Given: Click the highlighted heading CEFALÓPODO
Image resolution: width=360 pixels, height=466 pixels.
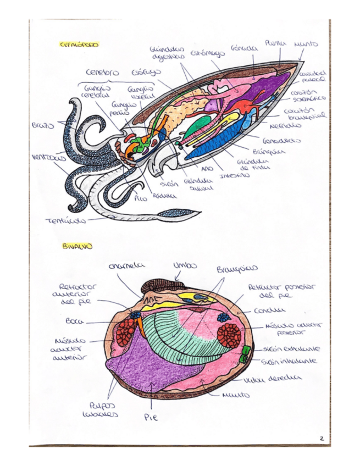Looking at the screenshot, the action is (x=79, y=45).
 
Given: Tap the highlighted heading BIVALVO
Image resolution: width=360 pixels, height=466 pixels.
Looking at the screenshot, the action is (x=76, y=247).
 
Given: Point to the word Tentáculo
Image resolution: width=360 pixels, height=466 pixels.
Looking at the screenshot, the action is (x=65, y=221).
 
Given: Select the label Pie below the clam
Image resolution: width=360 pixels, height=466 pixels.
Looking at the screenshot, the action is (x=151, y=418).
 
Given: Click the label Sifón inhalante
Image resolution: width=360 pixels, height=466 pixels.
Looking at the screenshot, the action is (x=289, y=362).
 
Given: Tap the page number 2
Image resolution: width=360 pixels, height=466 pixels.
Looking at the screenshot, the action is (x=321, y=438).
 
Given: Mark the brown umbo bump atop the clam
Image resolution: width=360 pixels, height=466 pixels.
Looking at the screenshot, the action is (x=159, y=285).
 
